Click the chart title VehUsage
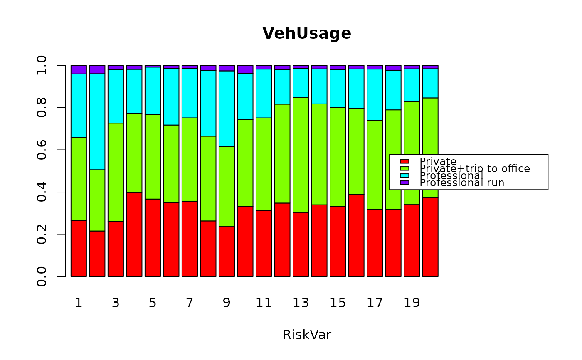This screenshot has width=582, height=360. (307, 34)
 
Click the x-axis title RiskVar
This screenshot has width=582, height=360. (307, 335)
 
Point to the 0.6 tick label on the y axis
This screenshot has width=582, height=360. (42, 150)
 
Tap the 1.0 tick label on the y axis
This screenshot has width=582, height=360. (42, 66)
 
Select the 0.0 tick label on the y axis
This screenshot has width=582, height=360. (42, 276)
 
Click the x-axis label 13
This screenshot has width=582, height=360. (301, 303)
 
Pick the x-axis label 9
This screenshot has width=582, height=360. (227, 303)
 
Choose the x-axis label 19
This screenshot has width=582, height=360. (412, 303)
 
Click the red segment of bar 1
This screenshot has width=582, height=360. (79, 248)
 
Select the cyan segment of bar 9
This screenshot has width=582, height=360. (227, 108)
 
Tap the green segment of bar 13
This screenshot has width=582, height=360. (301, 155)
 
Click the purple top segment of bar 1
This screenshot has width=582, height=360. (79, 69)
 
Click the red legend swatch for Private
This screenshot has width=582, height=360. (404, 161)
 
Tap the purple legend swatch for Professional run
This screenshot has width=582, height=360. (404, 182)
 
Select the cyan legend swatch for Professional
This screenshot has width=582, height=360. (404, 175)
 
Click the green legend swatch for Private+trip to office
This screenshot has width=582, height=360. (404, 168)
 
